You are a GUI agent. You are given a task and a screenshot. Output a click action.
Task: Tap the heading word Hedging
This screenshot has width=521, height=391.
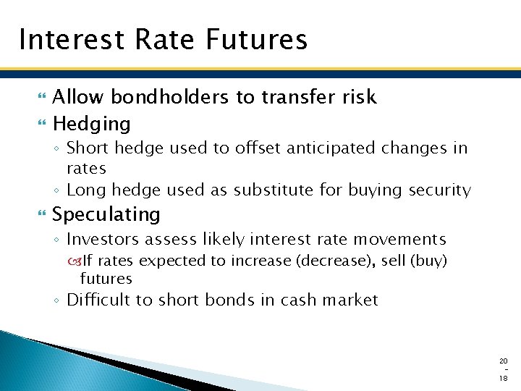coord(91,124)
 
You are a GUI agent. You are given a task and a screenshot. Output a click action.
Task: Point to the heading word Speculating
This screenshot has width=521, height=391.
coord(106,214)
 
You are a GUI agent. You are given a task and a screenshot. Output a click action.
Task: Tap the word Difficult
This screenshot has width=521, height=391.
coord(98,300)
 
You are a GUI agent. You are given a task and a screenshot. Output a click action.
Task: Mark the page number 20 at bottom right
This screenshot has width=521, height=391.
coord(504,361)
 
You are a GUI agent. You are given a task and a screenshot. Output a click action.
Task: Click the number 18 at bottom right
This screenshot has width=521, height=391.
coord(504,378)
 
